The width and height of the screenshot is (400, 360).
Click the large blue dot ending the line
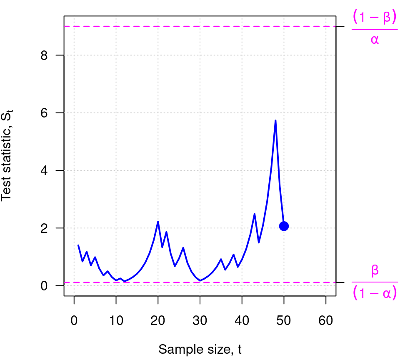click(x=284, y=226)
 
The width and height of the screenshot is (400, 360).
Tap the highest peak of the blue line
click(x=275, y=121)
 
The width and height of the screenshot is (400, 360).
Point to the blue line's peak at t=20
click(x=158, y=222)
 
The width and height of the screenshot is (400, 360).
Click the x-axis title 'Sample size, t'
click(x=200, y=349)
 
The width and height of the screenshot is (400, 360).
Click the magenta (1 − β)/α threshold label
click(x=374, y=27)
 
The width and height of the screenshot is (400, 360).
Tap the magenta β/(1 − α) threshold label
click(x=375, y=283)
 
